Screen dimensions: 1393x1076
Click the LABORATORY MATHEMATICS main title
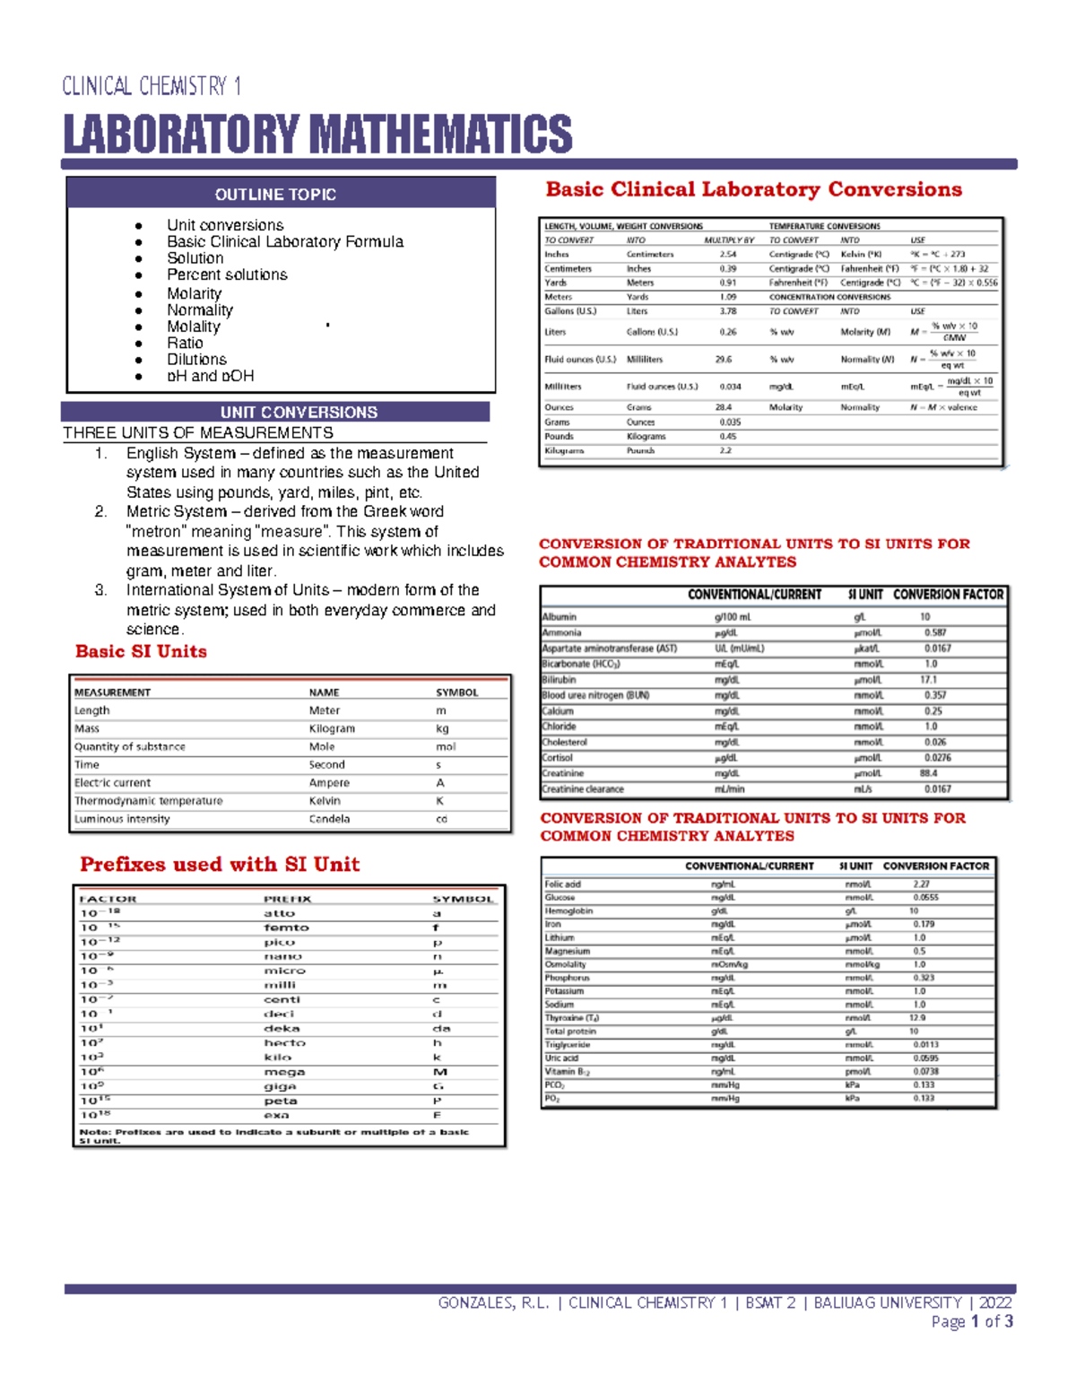tap(317, 135)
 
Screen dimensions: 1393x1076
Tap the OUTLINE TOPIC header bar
tap(275, 195)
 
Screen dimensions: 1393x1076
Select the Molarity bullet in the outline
tap(194, 293)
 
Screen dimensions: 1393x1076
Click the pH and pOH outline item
tap(210, 376)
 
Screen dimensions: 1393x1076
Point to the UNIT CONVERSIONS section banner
tap(299, 413)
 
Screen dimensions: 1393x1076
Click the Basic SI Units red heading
tap(141, 652)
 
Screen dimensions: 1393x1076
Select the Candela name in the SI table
tap(329, 819)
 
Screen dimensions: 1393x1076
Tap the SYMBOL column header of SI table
tap(456, 692)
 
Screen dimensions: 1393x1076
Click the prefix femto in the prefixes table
tap(286, 927)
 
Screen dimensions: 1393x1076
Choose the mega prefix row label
tap(284, 1072)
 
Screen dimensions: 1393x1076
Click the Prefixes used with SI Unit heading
tap(220, 865)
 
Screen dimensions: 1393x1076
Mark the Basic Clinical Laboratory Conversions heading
tap(753, 189)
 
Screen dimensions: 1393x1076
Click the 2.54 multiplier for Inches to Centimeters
tap(727, 254)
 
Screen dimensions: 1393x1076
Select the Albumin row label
tap(560, 617)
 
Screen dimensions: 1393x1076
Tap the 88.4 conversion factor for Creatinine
tap(928, 773)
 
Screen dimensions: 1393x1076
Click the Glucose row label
tap(560, 897)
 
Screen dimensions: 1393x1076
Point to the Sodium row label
tap(560, 1005)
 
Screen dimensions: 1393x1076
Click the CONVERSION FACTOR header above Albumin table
tap(948, 595)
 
